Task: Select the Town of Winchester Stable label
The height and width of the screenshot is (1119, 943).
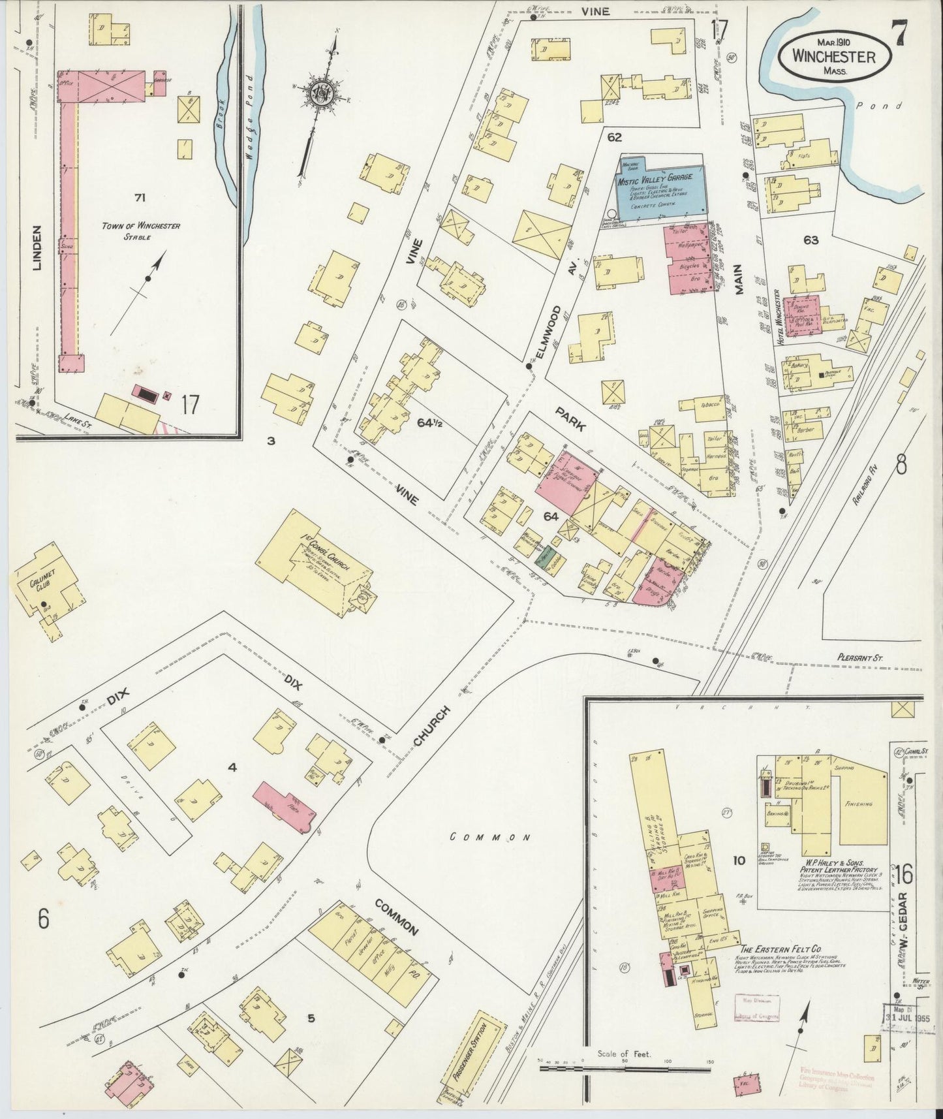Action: pos(141,231)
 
